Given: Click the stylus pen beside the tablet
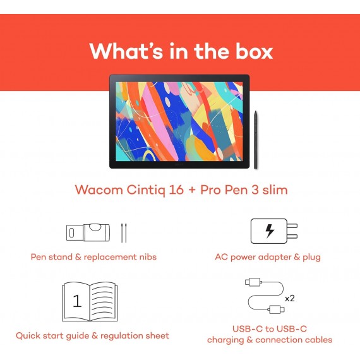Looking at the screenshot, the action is tap(256, 140).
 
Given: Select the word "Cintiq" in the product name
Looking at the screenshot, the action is tap(146, 190).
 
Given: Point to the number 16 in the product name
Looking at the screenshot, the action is tap(176, 190).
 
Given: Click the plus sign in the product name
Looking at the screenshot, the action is tap(192, 191).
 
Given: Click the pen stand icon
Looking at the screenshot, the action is tap(88, 232).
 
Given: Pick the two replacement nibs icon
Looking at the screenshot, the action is tap(124, 233).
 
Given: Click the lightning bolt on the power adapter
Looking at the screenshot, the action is tap(270, 231).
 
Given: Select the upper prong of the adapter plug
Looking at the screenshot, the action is tap(292, 225).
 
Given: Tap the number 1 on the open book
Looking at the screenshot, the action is tap(77, 301).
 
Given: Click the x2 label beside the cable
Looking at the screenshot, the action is tap(289, 298).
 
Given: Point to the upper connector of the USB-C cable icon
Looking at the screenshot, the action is tap(253, 282).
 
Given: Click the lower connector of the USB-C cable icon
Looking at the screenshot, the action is tap(277, 309).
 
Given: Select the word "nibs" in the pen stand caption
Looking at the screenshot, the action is tap(148, 256).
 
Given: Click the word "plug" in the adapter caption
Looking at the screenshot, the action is tap(311, 258).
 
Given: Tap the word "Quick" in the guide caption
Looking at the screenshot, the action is tap(28, 335).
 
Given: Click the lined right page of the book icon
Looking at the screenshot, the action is tap(103, 301).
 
